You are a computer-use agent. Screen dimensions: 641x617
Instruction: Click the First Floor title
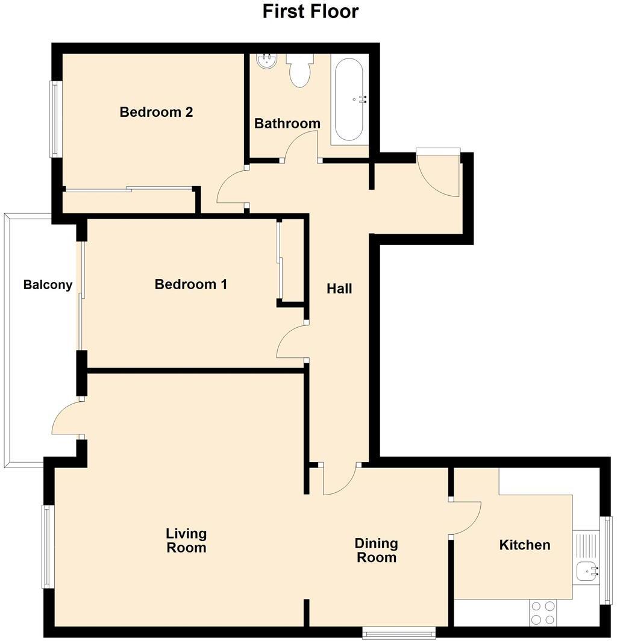(310, 11)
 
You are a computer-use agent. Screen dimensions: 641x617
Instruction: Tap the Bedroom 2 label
(156, 112)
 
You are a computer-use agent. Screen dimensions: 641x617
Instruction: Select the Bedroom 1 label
(191, 284)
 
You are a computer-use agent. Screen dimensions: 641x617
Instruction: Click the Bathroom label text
(287, 124)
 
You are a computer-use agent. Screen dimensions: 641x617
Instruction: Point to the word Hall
(339, 289)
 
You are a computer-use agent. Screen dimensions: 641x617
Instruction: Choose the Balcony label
(48, 285)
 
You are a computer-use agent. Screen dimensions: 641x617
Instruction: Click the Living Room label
(187, 540)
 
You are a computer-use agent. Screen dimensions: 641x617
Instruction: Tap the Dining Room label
(377, 550)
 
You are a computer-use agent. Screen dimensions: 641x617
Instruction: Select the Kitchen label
(525, 545)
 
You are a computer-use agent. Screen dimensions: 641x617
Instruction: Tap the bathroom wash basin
(266, 60)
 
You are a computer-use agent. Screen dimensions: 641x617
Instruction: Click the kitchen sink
(586, 570)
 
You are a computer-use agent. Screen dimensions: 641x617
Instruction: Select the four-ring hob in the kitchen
(542, 613)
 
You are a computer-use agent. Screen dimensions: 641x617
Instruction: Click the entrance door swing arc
(439, 175)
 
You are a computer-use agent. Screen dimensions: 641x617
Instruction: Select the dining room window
(399, 632)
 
